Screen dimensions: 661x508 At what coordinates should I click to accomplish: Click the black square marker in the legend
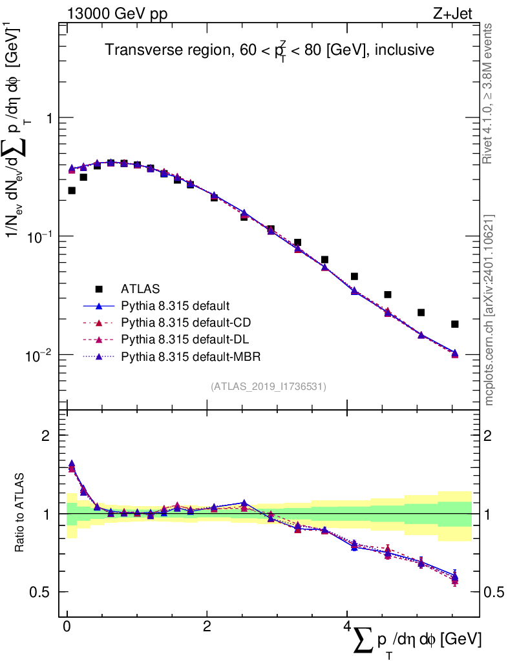tap(99, 289)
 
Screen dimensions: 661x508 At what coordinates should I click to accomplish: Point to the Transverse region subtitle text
tap(269, 50)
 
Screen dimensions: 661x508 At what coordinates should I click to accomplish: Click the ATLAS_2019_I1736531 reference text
tap(268, 387)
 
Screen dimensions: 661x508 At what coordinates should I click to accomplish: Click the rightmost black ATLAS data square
tap(455, 324)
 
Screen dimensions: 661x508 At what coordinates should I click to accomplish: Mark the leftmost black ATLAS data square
tap(72, 190)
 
